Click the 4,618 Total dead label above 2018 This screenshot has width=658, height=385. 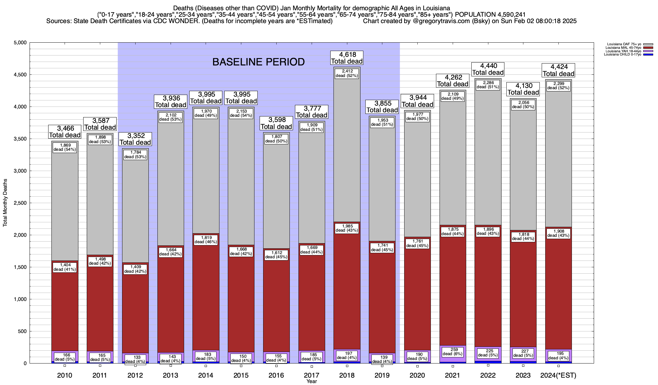pyautogui.click(x=347, y=58)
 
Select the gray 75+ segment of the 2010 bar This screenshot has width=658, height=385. pyautogui.click(x=65, y=205)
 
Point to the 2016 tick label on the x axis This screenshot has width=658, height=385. pyautogui.click(x=276, y=375)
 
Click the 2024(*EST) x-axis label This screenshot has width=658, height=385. pyautogui.click(x=558, y=375)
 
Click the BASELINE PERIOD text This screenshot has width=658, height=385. pyautogui.click(x=258, y=62)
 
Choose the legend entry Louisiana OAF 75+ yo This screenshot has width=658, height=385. pyautogui.click(x=623, y=44)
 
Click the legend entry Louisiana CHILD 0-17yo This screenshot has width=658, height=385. pyautogui.click(x=622, y=55)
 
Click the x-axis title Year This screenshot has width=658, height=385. pyautogui.click(x=311, y=381)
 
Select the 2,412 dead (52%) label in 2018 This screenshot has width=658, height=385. pyautogui.click(x=347, y=73)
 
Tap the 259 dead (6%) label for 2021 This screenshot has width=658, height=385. pyautogui.click(x=452, y=352)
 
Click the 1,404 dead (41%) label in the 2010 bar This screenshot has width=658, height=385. pyautogui.click(x=65, y=267)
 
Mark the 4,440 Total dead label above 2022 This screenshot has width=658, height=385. pyautogui.click(x=488, y=69)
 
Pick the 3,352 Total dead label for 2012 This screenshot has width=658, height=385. pyautogui.click(x=135, y=139)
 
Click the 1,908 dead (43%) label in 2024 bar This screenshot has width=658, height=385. pyautogui.click(x=558, y=233)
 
